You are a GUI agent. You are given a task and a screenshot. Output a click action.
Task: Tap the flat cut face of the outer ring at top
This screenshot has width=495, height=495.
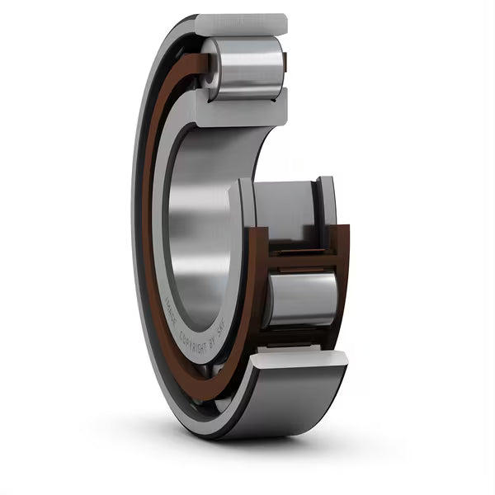[241, 25]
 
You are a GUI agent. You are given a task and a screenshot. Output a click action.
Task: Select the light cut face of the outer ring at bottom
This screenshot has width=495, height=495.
[297, 358]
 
